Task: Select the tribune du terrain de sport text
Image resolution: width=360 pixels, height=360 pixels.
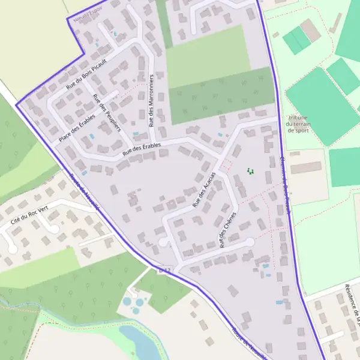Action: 298,124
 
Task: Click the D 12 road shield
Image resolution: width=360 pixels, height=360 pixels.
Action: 165,272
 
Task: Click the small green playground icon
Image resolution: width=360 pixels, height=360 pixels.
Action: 251,172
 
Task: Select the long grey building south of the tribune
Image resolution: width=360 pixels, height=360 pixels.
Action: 306,167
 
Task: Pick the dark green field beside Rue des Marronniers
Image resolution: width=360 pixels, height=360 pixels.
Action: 222,95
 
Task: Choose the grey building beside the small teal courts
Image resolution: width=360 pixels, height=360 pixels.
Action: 311,30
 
